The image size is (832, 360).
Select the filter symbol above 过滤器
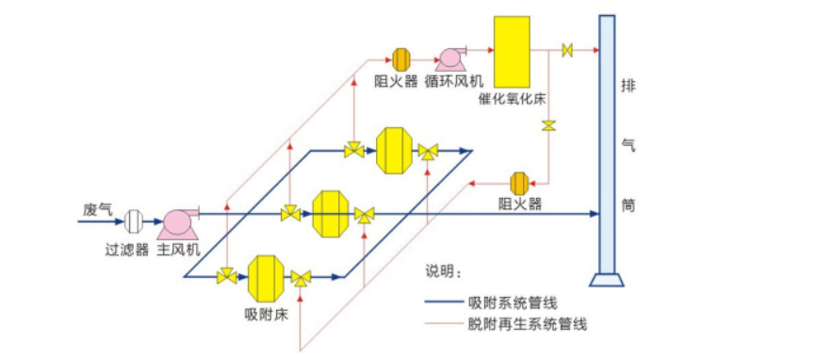pos(134,221)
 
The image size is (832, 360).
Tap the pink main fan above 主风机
pos(177,221)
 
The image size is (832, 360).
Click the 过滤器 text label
pos(127,250)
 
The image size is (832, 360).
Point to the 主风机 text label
pos(178,250)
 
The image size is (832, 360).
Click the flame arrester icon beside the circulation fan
pos(400,58)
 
